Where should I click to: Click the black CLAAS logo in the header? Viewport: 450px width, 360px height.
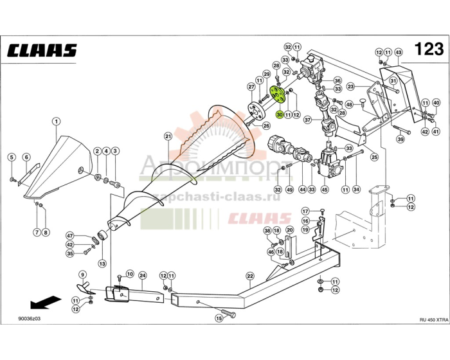pyautogui.click(x=42, y=51)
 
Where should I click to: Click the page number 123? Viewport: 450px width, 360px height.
pyautogui.click(x=429, y=50)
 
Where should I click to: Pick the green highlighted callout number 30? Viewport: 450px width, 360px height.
pyautogui.click(x=280, y=114)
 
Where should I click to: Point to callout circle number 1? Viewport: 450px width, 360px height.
pyautogui.click(x=56, y=122)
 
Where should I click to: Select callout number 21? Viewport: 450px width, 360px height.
pyautogui.click(x=168, y=136)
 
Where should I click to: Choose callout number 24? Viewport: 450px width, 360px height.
pyautogui.click(x=143, y=275)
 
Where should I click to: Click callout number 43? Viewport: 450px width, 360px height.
pyautogui.click(x=399, y=52)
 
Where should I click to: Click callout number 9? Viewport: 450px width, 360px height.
pyautogui.click(x=82, y=275)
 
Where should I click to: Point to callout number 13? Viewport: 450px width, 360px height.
pyautogui.click(x=102, y=264)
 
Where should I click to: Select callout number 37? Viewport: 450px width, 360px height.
pyautogui.click(x=307, y=120)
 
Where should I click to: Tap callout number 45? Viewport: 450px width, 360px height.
pyautogui.click(x=324, y=189)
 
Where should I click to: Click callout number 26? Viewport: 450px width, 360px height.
pyautogui.click(x=266, y=126)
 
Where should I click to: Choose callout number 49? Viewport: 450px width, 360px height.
pyautogui.click(x=290, y=189)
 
